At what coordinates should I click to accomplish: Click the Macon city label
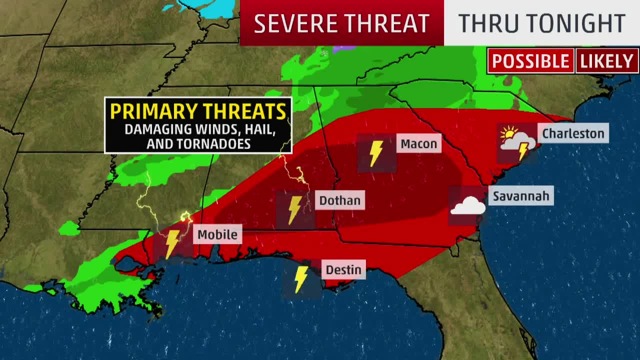[x=418, y=144]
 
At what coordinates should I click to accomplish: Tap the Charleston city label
[x=573, y=133]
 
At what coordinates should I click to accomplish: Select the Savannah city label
[x=521, y=196]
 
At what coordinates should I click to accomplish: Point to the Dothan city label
[x=339, y=200]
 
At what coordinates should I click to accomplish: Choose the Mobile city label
[x=217, y=234]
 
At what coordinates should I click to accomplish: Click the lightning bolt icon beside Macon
[x=376, y=153]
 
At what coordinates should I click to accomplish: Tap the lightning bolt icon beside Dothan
[x=295, y=209]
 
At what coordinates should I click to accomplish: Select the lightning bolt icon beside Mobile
[x=172, y=243]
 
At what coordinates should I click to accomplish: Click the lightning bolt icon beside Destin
[x=301, y=279]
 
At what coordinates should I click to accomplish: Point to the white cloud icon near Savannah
[x=467, y=206]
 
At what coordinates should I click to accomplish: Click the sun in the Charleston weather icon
[x=509, y=133]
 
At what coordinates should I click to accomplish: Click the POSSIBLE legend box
[x=530, y=61]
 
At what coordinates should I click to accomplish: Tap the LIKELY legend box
[x=606, y=61]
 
